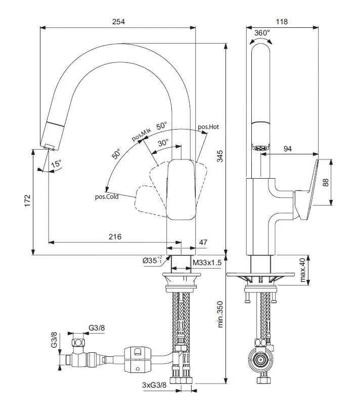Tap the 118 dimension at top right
point(282,21)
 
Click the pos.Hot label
point(208,127)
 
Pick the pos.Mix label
point(142,135)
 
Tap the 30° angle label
point(163,143)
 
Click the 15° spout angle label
point(56,164)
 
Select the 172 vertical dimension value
point(28,201)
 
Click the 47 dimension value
point(203,243)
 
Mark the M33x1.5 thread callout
point(207,261)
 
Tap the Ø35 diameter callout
point(152,261)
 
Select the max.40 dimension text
point(303,271)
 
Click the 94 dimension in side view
point(288,149)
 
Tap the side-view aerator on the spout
point(261,148)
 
